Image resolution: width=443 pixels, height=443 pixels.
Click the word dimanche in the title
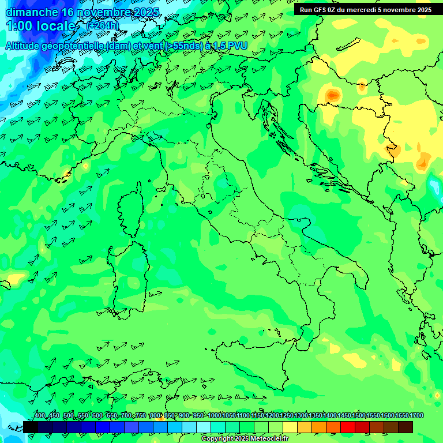[31, 12]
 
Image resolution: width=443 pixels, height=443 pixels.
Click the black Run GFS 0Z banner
[366, 10]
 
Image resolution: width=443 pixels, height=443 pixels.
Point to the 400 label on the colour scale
[39, 416]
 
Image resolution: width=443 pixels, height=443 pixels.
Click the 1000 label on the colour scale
[215, 416]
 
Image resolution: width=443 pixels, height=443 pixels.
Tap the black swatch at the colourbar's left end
[31, 427]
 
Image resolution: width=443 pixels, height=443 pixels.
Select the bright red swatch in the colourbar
[348, 427]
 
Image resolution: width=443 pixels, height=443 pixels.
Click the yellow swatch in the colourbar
[290, 427]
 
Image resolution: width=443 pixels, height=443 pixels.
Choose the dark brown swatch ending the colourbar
[406, 427]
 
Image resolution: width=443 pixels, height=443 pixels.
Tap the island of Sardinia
[123, 274]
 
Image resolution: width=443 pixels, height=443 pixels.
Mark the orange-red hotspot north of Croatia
[333, 94]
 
